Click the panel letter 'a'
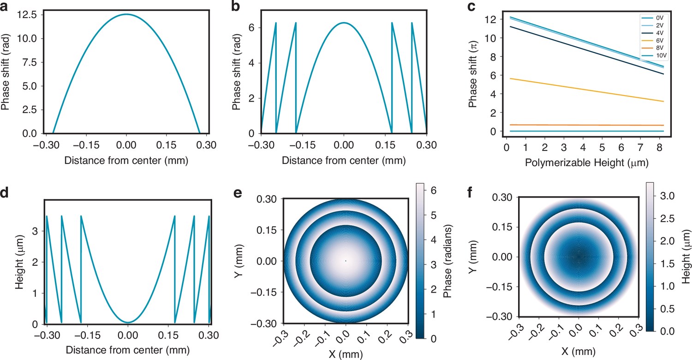[x=4, y=6]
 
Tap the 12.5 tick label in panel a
[x=27, y=14]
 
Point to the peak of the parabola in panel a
[x=126, y=14]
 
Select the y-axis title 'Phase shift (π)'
[x=473, y=74]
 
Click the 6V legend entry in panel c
[x=653, y=41]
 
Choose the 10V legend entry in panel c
[x=653, y=56]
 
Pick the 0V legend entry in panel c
[x=653, y=18]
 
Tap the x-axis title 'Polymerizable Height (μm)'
[x=586, y=162]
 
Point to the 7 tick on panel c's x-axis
[x=640, y=148]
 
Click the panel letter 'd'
[x=4, y=192]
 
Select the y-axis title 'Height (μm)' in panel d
[x=19, y=262]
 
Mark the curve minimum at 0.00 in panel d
[x=128, y=322]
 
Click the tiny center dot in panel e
[x=346, y=261]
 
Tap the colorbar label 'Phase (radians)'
[x=447, y=261]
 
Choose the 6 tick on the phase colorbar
[x=434, y=190]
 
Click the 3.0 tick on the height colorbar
[x=667, y=196]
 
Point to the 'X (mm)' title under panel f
[x=579, y=351]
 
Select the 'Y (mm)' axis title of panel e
[x=238, y=261]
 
